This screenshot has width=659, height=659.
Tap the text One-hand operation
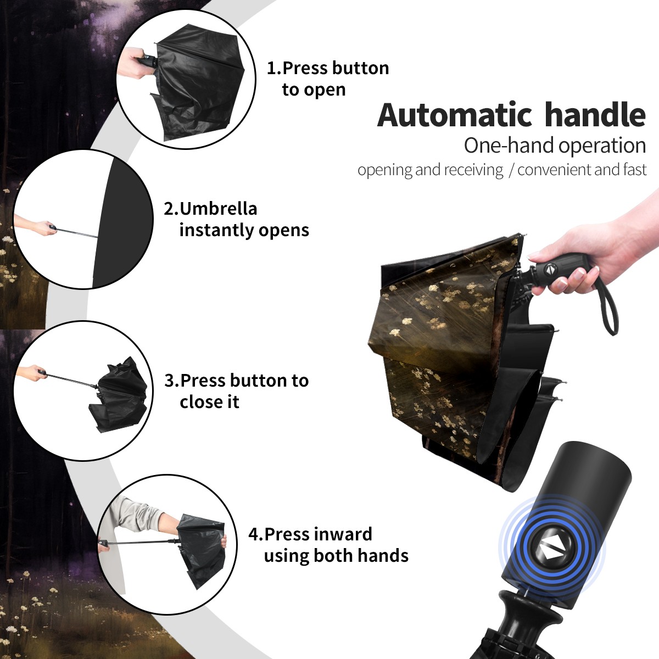[x=555, y=146]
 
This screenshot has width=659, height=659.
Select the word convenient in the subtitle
[x=554, y=170]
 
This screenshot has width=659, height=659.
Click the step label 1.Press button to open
[x=328, y=79]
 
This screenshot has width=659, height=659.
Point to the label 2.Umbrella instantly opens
[x=236, y=219]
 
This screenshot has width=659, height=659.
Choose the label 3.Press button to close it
[x=236, y=391]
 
